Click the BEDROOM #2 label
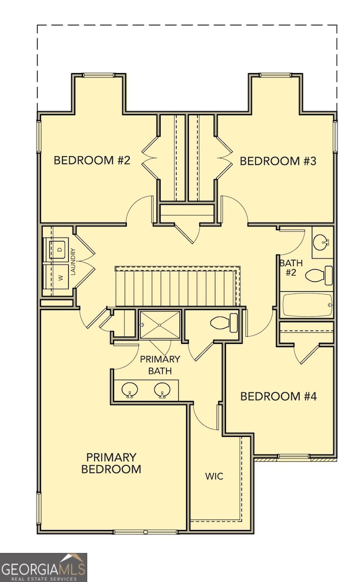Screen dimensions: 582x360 click(x=91, y=161)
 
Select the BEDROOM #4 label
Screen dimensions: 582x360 click(x=277, y=396)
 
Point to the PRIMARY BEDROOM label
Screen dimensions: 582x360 click(x=111, y=463)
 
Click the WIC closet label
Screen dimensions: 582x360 click(x=214, y=476)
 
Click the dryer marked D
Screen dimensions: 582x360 click(x=58, y=250)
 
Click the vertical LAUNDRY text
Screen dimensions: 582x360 click(x=73, y=261)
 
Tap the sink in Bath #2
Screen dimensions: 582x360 click(x=321, y=242)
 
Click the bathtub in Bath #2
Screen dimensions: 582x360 click(x=306, y=305)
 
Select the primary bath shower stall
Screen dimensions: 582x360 click(x=160, y=324)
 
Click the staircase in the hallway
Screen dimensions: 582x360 click(x=177, y=286)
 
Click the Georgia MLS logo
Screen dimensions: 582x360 click(x=43, y=567)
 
